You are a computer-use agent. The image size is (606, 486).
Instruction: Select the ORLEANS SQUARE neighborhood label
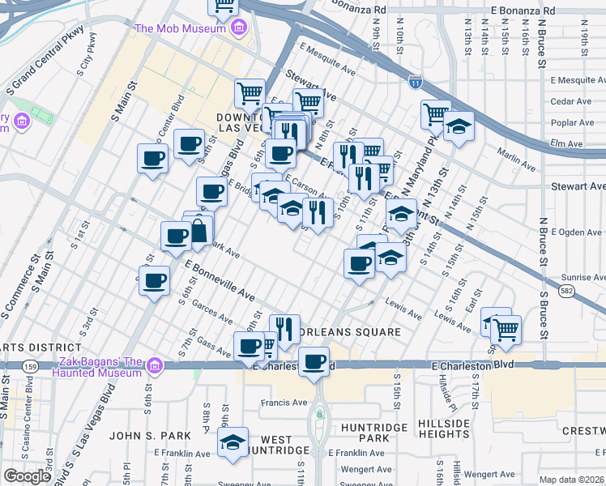348,332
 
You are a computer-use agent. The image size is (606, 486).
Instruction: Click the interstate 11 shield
415,82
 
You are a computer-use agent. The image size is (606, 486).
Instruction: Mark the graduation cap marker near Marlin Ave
459,126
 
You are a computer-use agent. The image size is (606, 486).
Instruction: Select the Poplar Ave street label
570,122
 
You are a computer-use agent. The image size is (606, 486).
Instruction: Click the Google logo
27,476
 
